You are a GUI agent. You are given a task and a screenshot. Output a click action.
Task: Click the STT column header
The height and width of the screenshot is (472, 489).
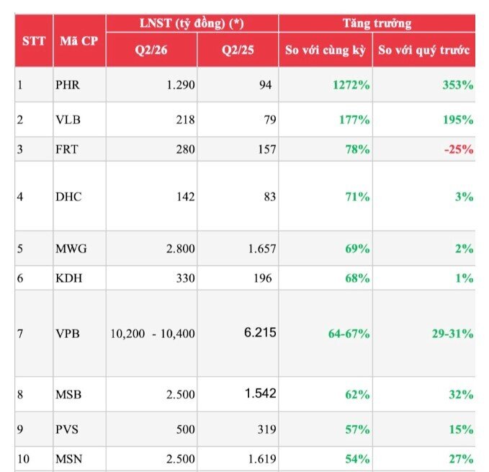34,41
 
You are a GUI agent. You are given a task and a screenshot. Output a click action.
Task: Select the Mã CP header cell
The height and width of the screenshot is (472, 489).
79,41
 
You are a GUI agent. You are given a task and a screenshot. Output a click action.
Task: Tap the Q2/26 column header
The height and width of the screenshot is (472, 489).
151,50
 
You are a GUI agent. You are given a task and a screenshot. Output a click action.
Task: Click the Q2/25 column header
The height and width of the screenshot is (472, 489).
238,50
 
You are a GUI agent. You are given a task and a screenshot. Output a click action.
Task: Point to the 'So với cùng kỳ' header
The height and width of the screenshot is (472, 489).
326,50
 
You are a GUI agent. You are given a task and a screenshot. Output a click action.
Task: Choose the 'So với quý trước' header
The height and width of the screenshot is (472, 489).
423,50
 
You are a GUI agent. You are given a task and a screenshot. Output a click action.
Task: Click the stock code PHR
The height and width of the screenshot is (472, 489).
68,85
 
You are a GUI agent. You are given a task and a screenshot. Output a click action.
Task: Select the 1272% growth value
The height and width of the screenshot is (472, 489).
351,85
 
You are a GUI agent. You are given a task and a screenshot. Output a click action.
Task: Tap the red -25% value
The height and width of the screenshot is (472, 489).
459,149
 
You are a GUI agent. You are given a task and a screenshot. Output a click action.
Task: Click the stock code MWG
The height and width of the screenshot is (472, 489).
71,249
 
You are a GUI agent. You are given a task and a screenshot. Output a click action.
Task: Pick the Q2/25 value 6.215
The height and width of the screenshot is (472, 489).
260,332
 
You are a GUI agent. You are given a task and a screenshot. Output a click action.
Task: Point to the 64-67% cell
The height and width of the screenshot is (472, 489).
349,334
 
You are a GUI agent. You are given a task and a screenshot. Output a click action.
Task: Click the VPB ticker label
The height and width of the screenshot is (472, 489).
68,334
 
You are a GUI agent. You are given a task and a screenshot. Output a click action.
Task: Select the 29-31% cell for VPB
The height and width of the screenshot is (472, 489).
452,334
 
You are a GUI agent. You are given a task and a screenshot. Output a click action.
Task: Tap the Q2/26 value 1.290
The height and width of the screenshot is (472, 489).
181,85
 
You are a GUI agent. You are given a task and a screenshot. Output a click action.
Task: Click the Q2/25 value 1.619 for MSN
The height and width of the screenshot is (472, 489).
262,459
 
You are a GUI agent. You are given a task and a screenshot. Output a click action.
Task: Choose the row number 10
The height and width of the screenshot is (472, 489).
23,459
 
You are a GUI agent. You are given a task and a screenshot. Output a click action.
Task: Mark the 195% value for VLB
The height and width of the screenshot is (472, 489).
458,120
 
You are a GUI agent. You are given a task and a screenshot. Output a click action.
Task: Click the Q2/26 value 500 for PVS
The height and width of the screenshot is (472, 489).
185,429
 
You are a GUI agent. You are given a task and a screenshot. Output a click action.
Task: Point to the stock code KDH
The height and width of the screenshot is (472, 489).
69,278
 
